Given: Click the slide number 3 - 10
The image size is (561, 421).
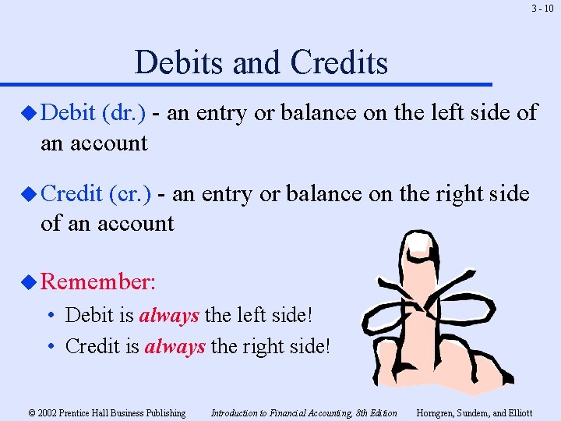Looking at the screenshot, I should click(543, 9).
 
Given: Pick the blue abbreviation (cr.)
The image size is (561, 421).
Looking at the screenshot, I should click(131, 193).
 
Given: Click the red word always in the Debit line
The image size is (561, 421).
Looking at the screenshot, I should click(169, 316).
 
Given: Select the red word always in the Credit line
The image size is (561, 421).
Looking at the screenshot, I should click(175, 345).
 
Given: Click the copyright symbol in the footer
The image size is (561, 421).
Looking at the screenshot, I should click(31, 413).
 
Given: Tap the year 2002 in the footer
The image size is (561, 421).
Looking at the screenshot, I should click(48, 413).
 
